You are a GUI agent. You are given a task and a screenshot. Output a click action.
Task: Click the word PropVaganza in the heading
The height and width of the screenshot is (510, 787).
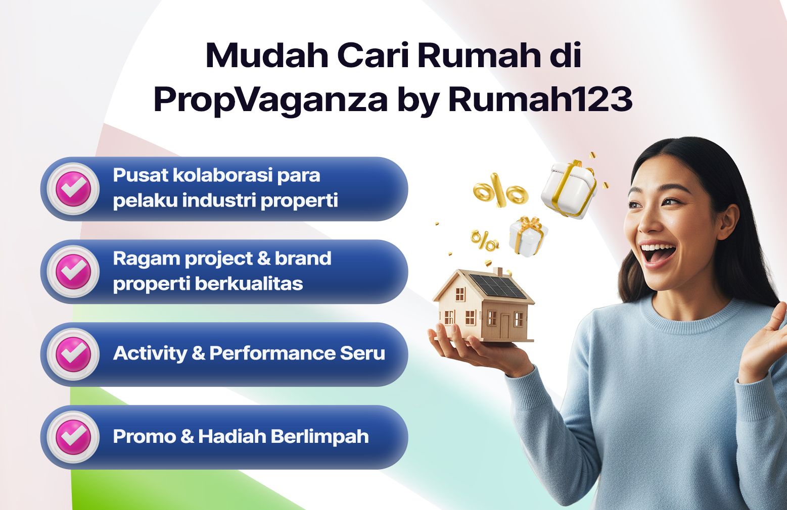point(271,100)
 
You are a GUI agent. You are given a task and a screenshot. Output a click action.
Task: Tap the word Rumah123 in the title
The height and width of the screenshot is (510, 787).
point(540,99)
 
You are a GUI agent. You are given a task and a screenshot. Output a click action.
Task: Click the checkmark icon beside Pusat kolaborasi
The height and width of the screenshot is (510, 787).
point(73,189)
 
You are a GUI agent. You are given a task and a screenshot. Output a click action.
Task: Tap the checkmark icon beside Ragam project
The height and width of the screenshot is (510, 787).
point(73,272)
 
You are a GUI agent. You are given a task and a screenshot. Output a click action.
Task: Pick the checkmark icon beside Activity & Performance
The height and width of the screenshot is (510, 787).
point(73,354)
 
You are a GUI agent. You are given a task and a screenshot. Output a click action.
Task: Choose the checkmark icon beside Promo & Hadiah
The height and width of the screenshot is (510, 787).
point(73,437)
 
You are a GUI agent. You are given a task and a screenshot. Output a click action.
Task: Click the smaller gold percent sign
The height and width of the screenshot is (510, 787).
point(485,241)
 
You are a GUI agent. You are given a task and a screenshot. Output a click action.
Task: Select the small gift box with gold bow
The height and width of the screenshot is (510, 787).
point(528,235)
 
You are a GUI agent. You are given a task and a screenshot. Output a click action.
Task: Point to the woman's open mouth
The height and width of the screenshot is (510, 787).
point(657,254)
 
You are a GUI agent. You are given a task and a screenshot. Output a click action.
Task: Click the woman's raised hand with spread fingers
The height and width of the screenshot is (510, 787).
point(763,343)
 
